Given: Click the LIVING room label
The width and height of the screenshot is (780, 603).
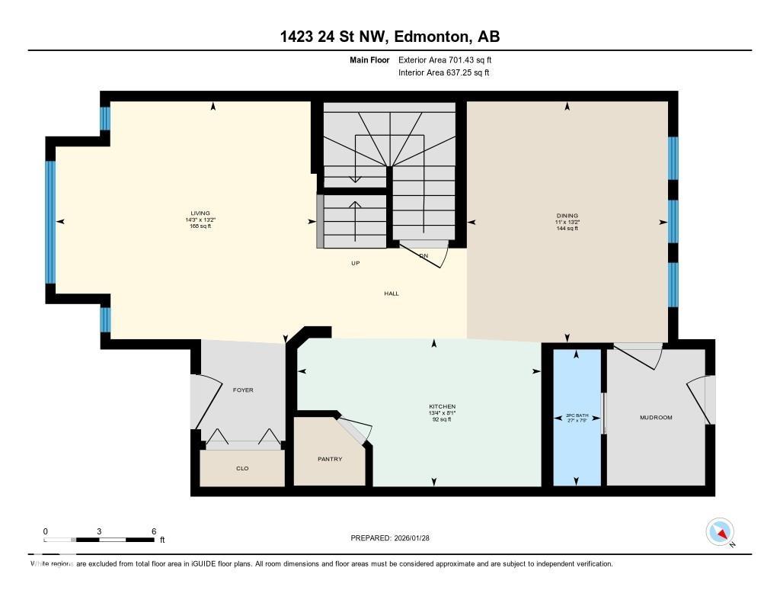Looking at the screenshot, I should (x=200, y=213).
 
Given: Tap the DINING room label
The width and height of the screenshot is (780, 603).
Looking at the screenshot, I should (x=567, y=216).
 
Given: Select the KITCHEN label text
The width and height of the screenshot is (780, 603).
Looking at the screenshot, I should (x=442, y=406).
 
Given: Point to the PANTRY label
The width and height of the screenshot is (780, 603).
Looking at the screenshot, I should (x=330, y=459).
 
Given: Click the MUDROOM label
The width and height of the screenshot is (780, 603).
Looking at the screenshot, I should (x=656, y=417).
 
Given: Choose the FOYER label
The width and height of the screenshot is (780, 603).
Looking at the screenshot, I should (x=243, y=390).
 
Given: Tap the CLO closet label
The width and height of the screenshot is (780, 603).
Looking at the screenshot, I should (x=243, y=468).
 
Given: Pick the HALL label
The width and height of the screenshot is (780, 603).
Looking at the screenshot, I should (x=392, y=293).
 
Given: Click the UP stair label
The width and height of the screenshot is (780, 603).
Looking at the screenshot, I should (x=355, y=263).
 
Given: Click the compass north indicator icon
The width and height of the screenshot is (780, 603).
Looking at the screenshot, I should (x=720, y=532).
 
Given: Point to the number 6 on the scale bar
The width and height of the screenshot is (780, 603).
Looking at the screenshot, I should (x=154, y=531).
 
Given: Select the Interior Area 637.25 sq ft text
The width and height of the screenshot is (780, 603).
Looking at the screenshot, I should (x=443, y=72).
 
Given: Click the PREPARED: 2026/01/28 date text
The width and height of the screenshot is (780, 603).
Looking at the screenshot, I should (x=390, y=537).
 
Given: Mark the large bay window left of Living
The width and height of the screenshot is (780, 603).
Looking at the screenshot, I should (x=51, y=221).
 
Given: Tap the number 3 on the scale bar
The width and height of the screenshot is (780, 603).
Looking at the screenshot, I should (x=100, y=531).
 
